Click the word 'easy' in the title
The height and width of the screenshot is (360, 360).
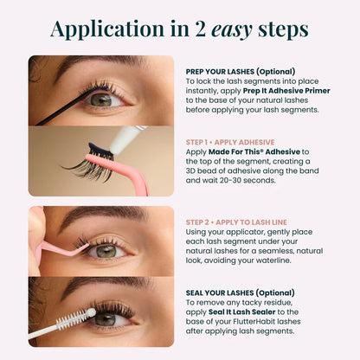232,30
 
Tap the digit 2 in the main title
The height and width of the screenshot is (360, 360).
201,29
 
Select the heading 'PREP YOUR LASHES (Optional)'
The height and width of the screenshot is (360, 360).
241,72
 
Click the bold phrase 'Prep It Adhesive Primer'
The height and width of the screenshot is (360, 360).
286,91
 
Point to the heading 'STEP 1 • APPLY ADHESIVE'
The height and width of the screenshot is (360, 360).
230,142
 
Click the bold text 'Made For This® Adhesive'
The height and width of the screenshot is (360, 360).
254,151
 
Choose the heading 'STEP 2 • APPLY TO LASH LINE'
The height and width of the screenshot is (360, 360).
236,222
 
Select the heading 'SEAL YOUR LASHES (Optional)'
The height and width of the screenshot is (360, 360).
241,292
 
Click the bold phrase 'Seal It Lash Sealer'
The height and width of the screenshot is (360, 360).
242,312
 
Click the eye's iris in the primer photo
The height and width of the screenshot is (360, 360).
100,100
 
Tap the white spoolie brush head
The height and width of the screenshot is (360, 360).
75,318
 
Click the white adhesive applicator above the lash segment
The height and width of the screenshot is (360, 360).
126,140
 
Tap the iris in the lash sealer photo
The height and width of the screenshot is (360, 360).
104,319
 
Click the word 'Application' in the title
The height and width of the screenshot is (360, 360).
107,29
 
